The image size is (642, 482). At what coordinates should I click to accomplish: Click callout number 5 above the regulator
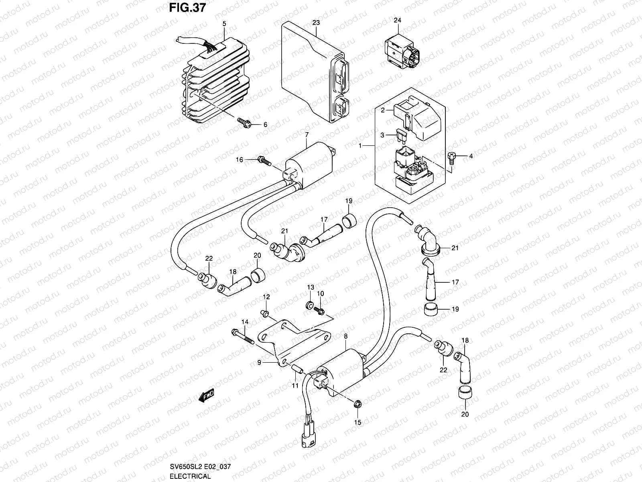click(x=224, y=24)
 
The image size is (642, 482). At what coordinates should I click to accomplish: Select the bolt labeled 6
click(x=244, y=121)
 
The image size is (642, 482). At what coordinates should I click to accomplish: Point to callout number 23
click(x=316, y=23)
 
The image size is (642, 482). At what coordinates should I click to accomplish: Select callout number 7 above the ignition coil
click(x=307, y=134)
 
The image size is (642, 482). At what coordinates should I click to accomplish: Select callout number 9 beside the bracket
click(x=259, y=362)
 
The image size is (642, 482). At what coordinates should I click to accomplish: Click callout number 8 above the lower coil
click(x=345, y=336)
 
